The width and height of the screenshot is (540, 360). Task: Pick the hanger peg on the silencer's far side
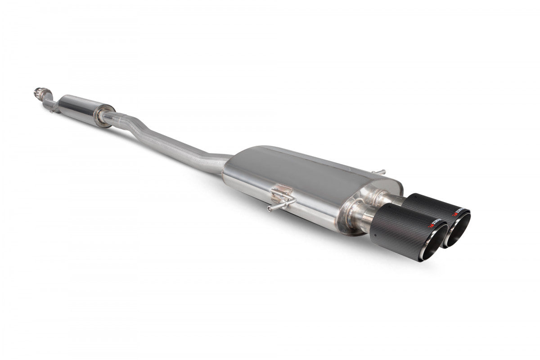click(382, 171)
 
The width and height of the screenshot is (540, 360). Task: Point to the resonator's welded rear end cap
click(104, 116)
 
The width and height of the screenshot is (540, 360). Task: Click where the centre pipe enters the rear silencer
click(224, 162)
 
